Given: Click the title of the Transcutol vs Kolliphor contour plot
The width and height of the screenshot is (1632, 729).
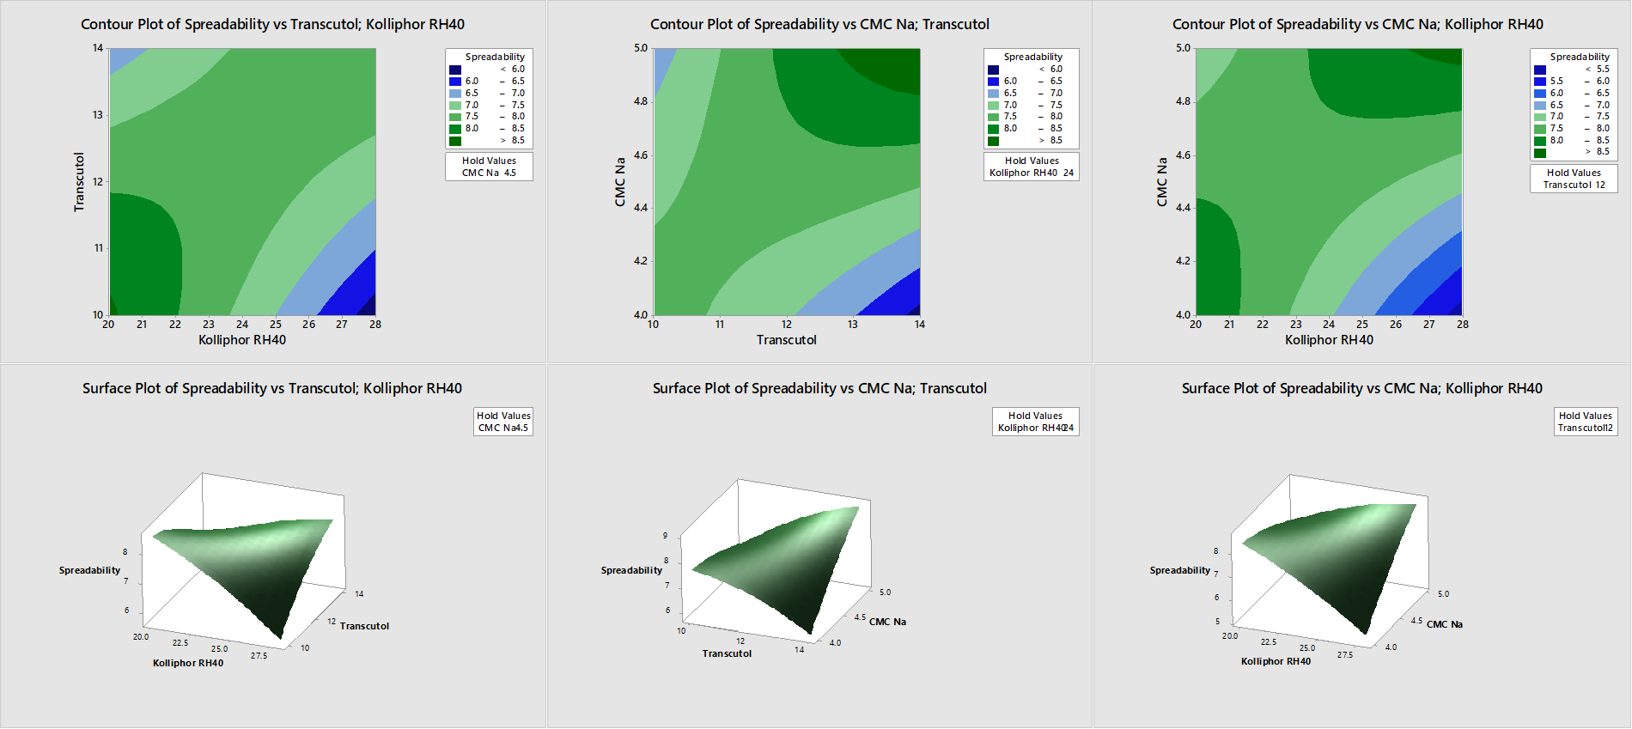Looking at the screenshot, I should [272, 24].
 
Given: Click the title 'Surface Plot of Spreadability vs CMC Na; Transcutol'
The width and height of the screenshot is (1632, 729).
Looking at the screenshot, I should [819, 388].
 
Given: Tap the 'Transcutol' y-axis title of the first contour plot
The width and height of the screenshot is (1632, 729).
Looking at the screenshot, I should [79, 182].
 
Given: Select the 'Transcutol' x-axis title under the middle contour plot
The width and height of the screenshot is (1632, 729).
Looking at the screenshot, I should [786, 340].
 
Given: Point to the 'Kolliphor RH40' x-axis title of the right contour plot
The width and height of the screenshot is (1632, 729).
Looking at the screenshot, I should [1329, 340].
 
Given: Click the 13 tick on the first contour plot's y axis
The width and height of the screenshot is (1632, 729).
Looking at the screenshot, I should [98, 115].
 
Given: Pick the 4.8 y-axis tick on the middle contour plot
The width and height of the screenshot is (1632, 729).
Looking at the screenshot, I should [641, 101].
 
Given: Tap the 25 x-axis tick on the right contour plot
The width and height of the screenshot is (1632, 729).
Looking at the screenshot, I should [1362, 325].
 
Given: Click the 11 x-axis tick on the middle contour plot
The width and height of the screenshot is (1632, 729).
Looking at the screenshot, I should [720, 325].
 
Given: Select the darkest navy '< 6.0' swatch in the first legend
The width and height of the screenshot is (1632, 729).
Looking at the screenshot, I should [455, 70].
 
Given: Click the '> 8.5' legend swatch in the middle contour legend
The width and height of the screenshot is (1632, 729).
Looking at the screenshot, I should [993, 141].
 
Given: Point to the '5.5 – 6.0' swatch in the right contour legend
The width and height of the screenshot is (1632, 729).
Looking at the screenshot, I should [1540, 82].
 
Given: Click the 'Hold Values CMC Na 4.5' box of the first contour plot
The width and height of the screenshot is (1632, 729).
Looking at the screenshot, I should [489, 167].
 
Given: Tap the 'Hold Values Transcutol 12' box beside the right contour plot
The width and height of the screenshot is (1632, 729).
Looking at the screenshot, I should [1574, 179].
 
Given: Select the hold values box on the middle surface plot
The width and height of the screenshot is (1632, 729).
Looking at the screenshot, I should [1035, 422].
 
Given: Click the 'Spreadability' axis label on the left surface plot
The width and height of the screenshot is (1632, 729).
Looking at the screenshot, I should [89, 570].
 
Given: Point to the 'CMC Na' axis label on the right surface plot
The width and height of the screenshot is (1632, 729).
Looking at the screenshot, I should [1444, 624].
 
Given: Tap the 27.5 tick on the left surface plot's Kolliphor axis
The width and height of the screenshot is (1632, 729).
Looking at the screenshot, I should [259, 656].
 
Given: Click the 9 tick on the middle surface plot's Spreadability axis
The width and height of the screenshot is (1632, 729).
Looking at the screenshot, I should [665, 536].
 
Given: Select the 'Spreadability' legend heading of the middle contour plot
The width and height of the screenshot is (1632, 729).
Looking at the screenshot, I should [1032, 57].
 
